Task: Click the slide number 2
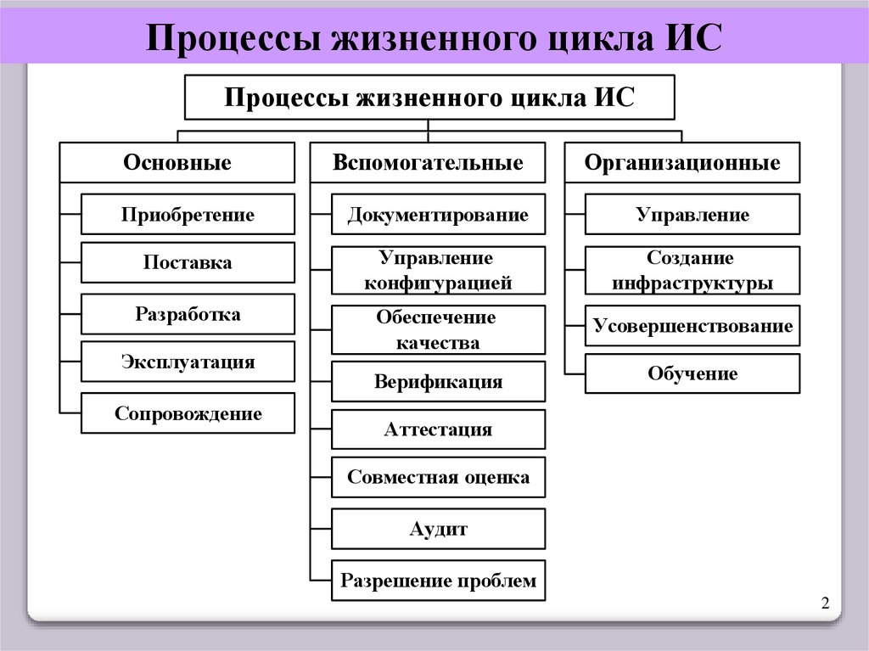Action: pyautogui.click(x=824, y=603)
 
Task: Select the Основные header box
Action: pyautogui.click(x=177, y=163)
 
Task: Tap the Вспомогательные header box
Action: pyautogui.click(x=428, y=163)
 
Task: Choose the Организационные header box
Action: pyautogui.click(x=682, y=163)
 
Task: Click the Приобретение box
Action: pyautogui.click(x=188, y=215)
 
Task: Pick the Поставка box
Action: pyautogui.click(x=188, y=263)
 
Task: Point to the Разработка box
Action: pyautogui.click(x=188, y=315)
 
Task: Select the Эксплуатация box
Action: pyautogui.click(x=188, y=362)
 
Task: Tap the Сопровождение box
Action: pyautogui.click(x=188, y=414)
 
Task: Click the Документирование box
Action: pyautogui.click(x=438, y=215)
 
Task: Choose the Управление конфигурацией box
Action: pyautogui.click(x=438, y=271)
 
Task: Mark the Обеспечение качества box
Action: pyautogui.click(x=438, y=330)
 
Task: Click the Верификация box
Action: pyautogui.click(x=438, y=382)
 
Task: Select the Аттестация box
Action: pyautogui.click(x=438, y=429)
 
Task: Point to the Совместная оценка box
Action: pyautogui.click(x=438, y=477)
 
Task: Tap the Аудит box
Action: pyautogui.click(x=438, y=530)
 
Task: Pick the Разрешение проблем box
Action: pyautogui.click(x=438, y=581)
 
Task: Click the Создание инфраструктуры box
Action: pyautogui.click(x=692, y=271)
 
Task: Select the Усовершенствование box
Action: pyautogui.click(x=692, y=326)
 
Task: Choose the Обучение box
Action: pyautogui.click(x=692, y=373)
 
